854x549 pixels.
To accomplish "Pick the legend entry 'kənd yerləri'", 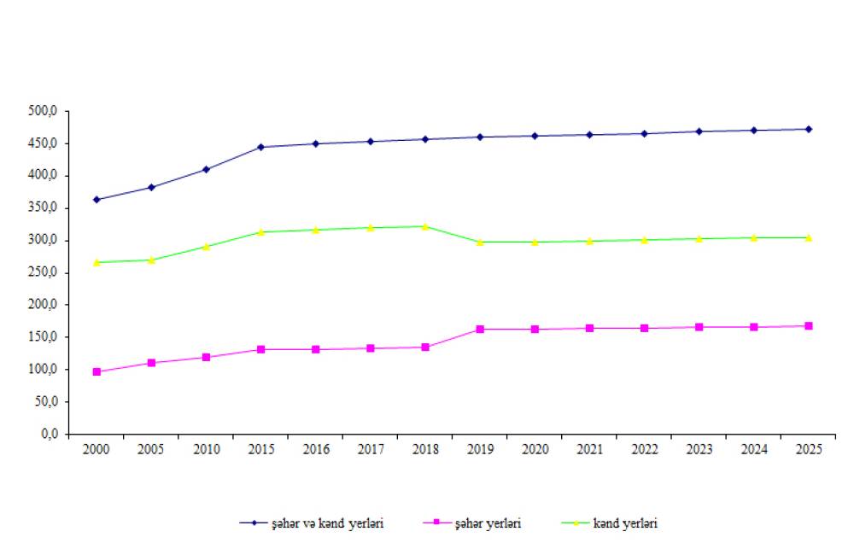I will tap(625, 523).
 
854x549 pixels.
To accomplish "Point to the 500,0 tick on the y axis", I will tap(42, 111).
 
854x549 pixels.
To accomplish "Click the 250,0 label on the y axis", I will tap(42, 272).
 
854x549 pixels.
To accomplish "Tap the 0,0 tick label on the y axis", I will tap(48, 434).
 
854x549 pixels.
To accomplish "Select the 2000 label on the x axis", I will tap(97, 449).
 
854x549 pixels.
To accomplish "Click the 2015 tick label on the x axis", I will tap(260, 449).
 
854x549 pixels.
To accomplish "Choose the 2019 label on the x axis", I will tap(480, 449).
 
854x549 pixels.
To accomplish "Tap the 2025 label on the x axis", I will tap(808, 449).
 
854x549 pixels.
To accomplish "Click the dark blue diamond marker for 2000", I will tap(97, 200).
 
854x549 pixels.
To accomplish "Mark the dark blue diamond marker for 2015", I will tap(260, 147).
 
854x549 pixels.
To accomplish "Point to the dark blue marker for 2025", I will tap(808, 129).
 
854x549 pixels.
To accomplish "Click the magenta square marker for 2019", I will tap(480, 329).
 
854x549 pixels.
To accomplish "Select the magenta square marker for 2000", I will tap(97, 371).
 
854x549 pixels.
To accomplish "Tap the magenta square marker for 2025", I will tap(808, 325).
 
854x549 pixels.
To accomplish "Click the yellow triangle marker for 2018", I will tap(425, 226).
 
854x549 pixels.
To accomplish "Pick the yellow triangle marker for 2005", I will tap(151, 260).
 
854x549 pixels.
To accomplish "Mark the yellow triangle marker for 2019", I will tap(480, 242).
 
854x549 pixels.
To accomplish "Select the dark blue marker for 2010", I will tap(206, 169).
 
